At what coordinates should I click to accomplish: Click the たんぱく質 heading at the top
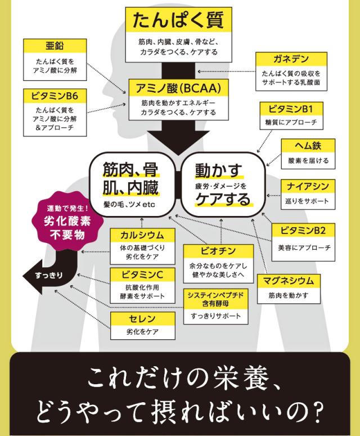click(178, 20)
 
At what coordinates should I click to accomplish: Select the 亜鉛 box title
click(55, 46)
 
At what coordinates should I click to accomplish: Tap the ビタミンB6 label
click(55, 96)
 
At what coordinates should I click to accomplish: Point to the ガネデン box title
click(291, 59)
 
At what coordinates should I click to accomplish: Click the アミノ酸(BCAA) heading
click(178, 88)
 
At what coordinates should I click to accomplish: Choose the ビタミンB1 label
click(291, 109)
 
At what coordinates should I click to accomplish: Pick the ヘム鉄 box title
click(308, 145)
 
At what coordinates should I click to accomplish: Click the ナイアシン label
click(308, 186)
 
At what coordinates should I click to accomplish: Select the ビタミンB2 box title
click(303, 230)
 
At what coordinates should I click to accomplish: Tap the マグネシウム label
click(289, 281)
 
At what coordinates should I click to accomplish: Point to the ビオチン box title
click(218, 251)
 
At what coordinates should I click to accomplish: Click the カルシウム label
click(142, 235)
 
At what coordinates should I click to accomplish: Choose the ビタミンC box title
click(142, 275)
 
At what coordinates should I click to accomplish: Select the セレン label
click(142, 318)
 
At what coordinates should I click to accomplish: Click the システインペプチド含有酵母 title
click(215, 299)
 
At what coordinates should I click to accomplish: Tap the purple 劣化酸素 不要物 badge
click(67, 222)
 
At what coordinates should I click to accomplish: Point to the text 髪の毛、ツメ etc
click(129, 205)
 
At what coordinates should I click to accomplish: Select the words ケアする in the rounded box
click(223, 199)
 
